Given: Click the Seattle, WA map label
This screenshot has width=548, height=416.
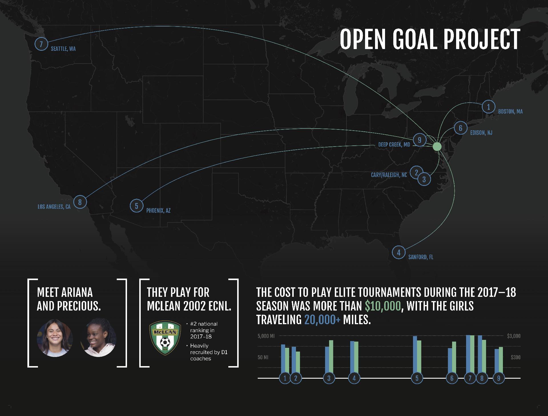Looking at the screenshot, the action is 63,49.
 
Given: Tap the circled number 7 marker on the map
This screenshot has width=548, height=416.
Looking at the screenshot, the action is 41,44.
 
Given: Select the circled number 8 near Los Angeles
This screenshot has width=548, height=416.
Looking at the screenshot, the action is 80,202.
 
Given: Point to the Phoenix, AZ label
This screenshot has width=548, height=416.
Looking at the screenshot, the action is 158,211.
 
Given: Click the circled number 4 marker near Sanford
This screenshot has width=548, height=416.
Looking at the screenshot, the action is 398,252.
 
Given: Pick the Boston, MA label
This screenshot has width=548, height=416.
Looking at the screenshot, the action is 510,111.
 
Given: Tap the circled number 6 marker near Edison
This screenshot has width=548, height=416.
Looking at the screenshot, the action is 460,128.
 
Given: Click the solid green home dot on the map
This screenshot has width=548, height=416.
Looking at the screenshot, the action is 437,147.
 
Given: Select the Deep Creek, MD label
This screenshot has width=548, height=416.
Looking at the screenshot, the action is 394,145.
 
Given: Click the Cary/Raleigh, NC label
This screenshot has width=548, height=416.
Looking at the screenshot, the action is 389,175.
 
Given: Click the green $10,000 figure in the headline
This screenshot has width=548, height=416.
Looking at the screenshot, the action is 383,306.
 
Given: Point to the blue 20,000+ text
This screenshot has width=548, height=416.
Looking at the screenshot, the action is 323,320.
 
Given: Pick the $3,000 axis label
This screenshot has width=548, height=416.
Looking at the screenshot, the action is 514,336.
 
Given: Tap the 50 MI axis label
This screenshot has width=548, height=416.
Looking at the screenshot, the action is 263,358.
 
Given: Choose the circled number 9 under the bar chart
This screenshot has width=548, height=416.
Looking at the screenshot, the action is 499,378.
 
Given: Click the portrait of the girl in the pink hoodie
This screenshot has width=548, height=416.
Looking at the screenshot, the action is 98,337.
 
